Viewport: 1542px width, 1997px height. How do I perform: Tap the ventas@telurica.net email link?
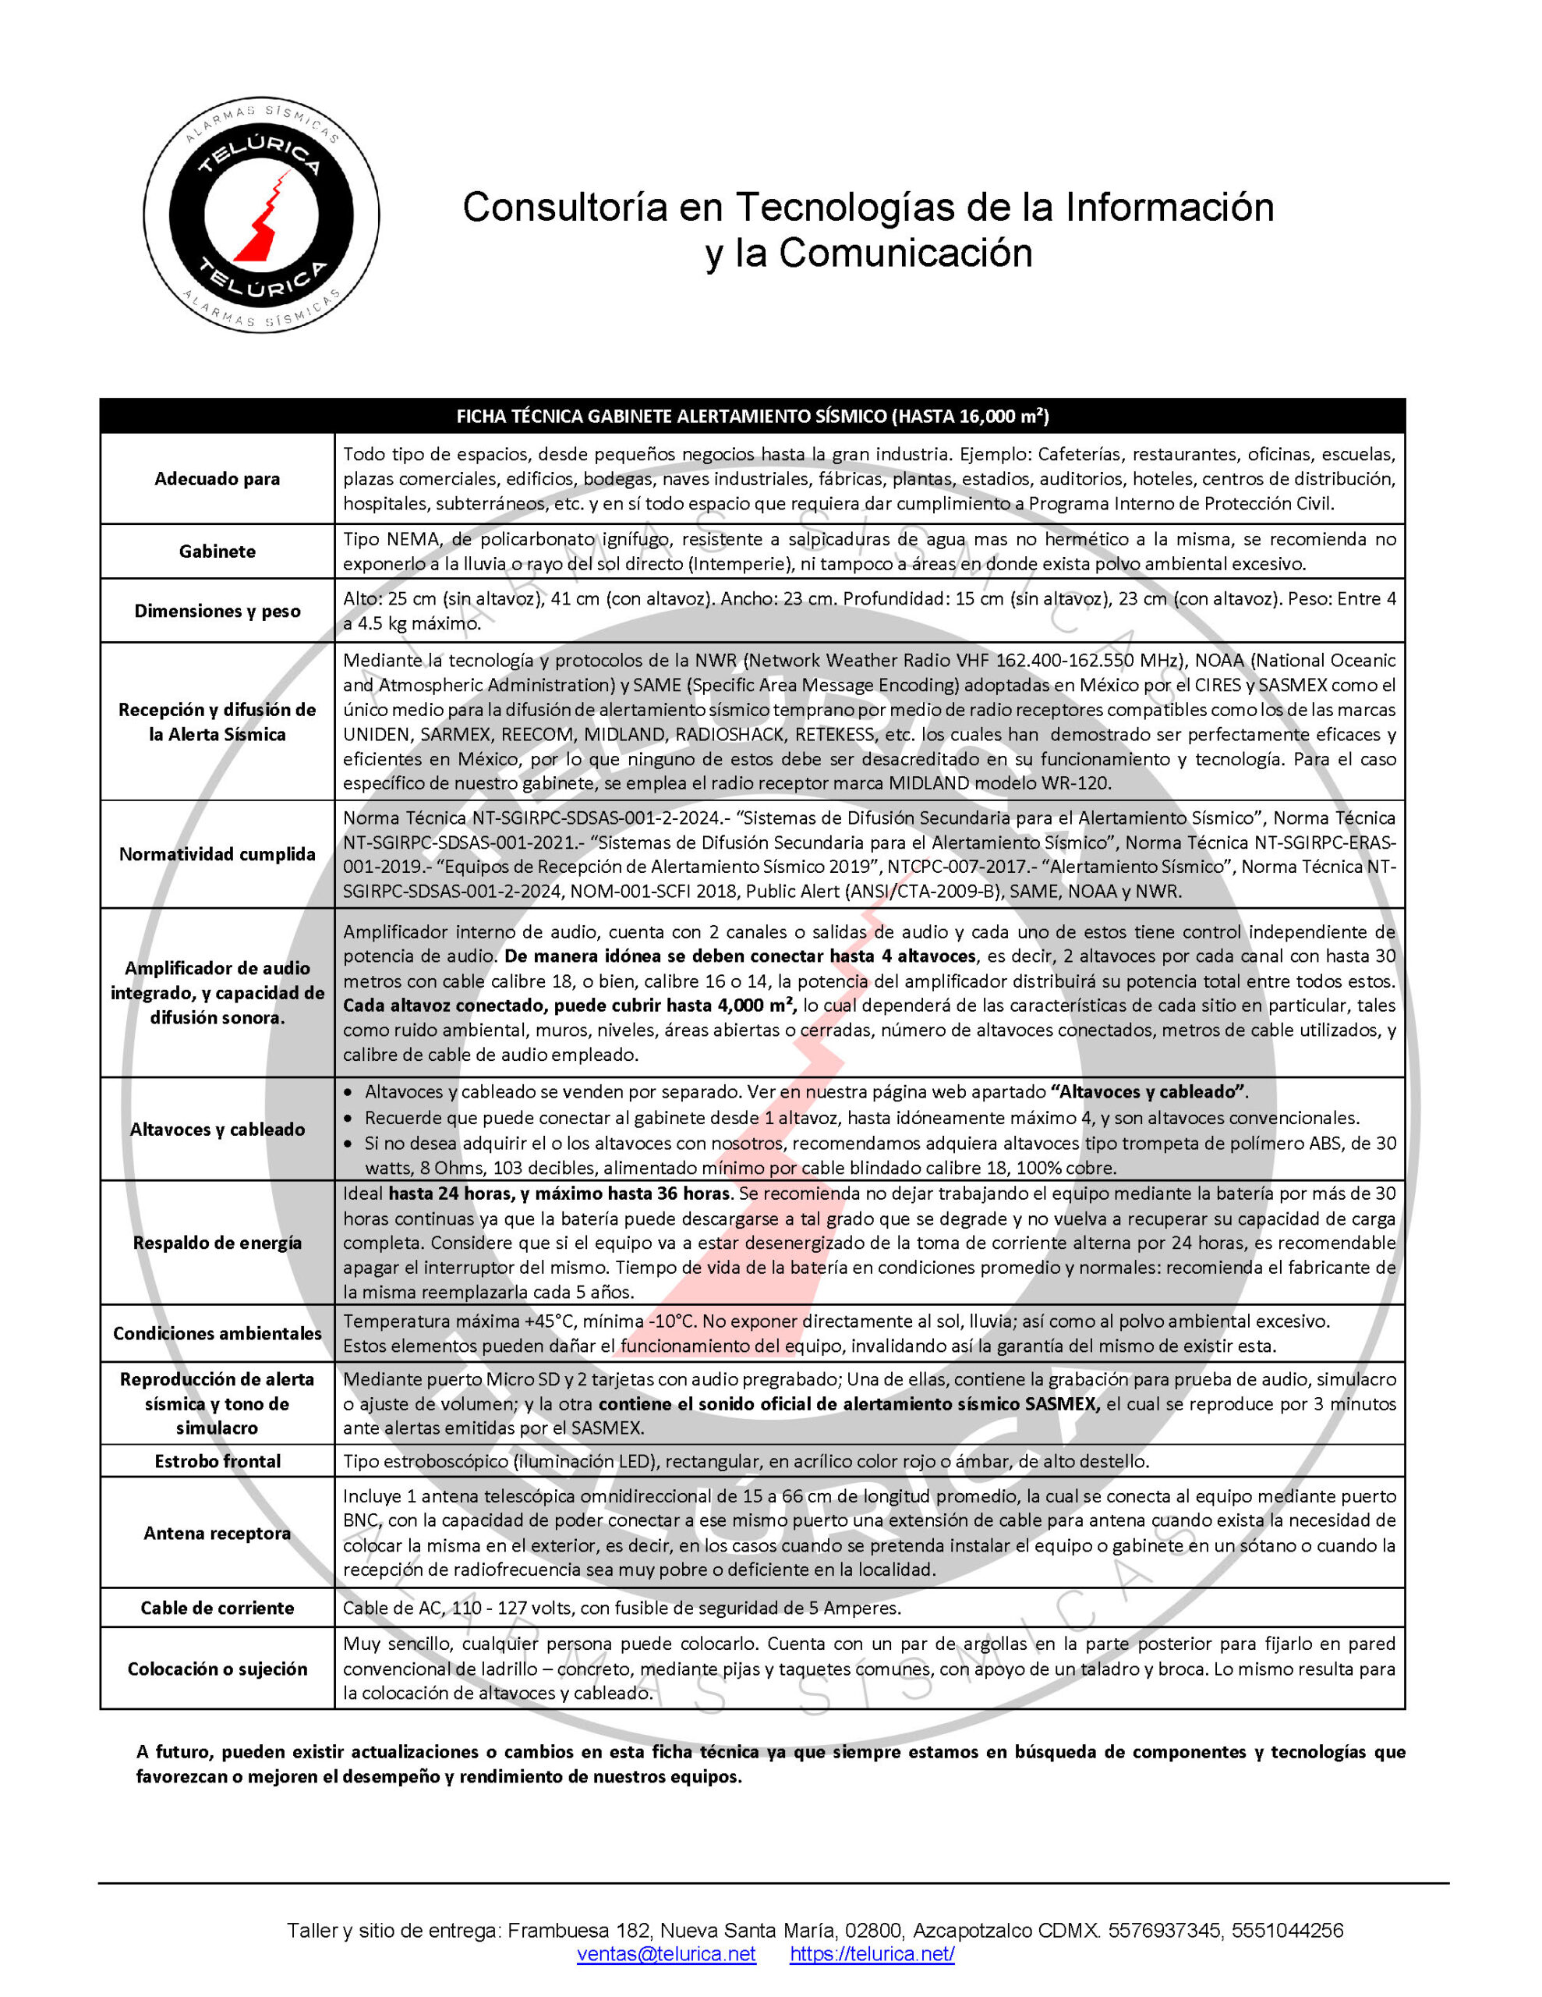click(x=666, y=1954)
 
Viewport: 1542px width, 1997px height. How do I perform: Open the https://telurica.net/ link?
click(x=872, y=1954)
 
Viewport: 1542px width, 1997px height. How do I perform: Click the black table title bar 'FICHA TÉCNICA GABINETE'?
click(x=752, y=416)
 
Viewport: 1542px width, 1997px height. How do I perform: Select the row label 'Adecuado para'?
click(x=217, y=478)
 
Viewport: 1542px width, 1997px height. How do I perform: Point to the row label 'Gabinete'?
click(x=217, y=552)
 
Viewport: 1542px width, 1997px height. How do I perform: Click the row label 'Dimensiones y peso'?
click(x=217, y=611)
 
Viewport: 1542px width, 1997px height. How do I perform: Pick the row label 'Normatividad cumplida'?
click(x=217, y=854)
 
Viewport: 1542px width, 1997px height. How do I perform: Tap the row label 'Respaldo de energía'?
click(x=217, y=1243)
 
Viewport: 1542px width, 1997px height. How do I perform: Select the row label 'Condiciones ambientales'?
click(x=217, y=1333)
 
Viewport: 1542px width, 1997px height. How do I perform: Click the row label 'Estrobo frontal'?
click(x=217, y=1461)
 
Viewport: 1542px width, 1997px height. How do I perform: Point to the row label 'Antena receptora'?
click(x=217, y=1534)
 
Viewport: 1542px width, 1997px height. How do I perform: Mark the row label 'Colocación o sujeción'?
click(x=217, y=1669)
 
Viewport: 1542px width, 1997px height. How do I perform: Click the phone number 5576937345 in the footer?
click(x=1165, y=1930)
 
